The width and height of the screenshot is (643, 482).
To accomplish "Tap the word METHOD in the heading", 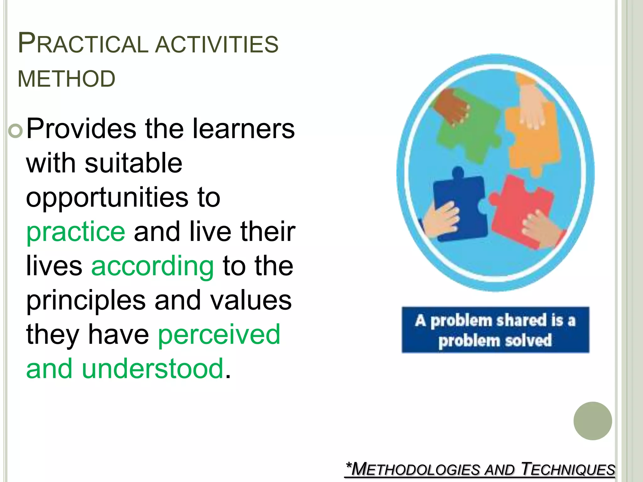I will click(67, 78).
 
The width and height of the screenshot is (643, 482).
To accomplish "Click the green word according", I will click(153, 266).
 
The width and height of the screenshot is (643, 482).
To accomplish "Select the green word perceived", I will click(219, 334).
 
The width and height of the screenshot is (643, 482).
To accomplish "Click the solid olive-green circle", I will click(592, 421).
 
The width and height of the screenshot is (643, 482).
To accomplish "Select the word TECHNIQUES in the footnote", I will click(568, 469).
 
